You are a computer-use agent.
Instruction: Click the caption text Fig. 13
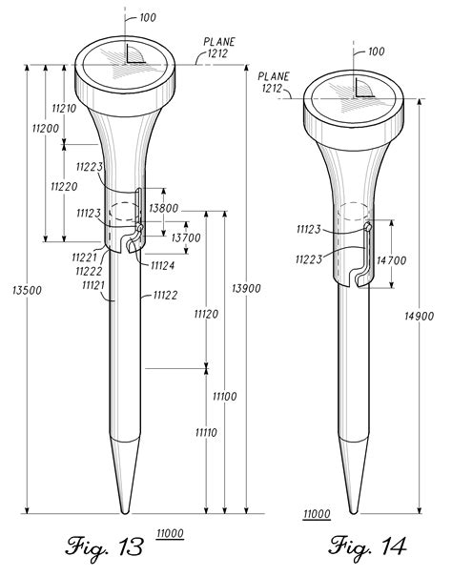tap(105, 546)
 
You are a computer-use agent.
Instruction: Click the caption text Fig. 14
tap(368, 546)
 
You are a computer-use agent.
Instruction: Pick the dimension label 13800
tap(166, 207)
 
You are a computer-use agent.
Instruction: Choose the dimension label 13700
tap(184, 237)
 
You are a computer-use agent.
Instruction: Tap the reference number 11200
tap(45, 128)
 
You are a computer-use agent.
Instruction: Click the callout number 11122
tap(167, 296)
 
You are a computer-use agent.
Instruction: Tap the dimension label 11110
tap(207, 433)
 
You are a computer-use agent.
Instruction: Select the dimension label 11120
tap(207, 314)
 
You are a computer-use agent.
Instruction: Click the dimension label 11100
tap(225, 396)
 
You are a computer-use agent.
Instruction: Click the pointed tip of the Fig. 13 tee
tap(126, 509)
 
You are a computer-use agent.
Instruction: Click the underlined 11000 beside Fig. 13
tap(172, 534)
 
